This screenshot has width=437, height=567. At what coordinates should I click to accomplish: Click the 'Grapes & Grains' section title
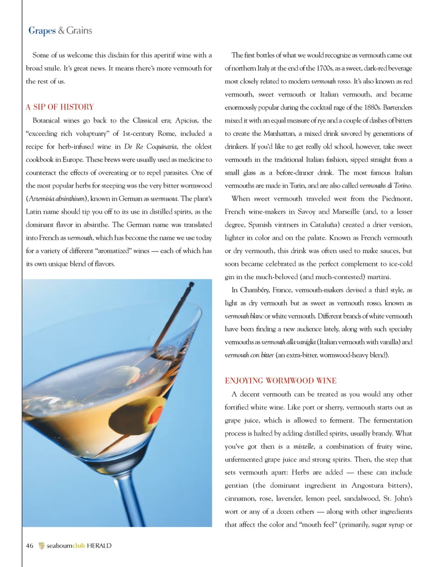pyautogui.click(x=60, y=30)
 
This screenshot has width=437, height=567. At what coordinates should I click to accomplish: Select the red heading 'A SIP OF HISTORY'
pyautogui.click(x=60, y=107)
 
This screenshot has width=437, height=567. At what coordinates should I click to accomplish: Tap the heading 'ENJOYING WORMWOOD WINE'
pyautogui.click(x=280, y=381)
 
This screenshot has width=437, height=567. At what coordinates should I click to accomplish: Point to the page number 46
pyautogui.click(x=30, y=546)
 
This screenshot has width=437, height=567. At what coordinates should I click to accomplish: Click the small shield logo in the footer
pyautogui.click(x=41, y=546)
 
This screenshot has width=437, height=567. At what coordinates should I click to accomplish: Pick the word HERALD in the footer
pyautogui.click(x=99, y=546)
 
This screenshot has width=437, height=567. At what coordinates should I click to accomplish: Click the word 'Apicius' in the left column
pyautogui.click(x=186, y=120)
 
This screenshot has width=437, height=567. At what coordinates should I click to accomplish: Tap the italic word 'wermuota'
pyautogui.click(x=164, y=199)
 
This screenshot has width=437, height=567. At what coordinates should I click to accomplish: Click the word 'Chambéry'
pyautogui.click(x=255, y=290)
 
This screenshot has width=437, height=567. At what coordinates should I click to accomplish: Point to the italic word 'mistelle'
pyautogui.click(x=303, y=447)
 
